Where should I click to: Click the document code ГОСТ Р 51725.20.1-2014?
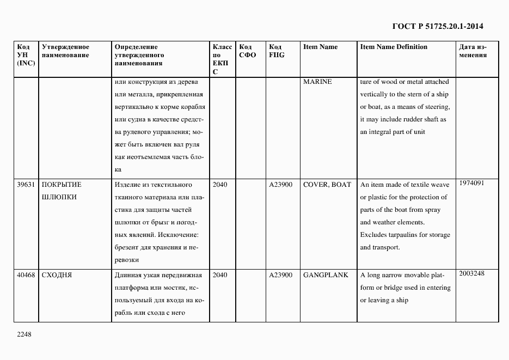point(438,26)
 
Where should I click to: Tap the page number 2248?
point(24,334)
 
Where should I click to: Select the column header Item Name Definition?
point(394,47)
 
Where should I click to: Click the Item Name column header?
point(320,47)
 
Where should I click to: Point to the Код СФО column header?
point(248,51)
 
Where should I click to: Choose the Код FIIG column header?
point(277,51)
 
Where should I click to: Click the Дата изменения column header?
point(473,51)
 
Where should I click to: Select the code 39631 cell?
point(26,185)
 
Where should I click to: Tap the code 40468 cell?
point(26,275)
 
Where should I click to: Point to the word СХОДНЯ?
point(57,275)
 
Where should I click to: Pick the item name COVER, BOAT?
point(327,185)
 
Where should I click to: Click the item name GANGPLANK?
point(326,275)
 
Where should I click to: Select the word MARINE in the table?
point(317,82)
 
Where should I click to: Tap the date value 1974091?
point(471,183)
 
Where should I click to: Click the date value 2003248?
point(471,273)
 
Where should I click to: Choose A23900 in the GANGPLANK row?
point(280,275)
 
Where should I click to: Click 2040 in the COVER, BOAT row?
point(220,185)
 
